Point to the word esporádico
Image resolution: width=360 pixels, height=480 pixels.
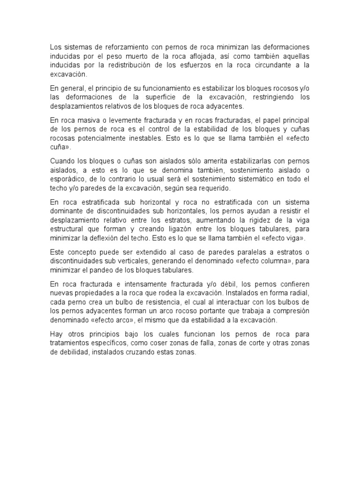(x=67, y=179)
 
